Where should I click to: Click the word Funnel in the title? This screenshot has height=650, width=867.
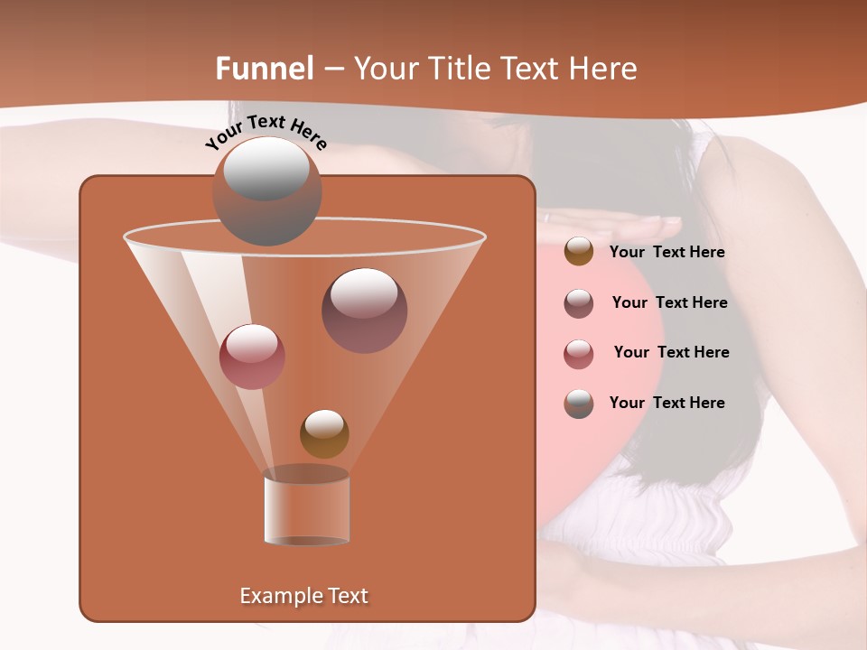265,69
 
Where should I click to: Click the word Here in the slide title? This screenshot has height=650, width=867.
602,69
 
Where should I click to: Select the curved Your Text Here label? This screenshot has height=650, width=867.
266,132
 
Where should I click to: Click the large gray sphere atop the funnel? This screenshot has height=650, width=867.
267,191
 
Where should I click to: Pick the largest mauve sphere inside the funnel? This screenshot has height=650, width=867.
365,311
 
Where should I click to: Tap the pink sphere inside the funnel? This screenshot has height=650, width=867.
252,357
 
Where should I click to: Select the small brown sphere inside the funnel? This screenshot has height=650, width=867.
324,433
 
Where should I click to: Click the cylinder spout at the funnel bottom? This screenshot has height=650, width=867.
306,507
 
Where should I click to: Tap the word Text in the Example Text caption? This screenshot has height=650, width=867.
348,596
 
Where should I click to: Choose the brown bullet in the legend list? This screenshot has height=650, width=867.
579,251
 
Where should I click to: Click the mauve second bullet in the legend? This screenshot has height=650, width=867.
579,302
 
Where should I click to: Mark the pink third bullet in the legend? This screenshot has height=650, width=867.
579,353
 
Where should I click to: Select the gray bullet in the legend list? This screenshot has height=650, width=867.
579,404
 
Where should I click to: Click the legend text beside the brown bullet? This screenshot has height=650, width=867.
667,253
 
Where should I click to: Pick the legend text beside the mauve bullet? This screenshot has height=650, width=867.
669,303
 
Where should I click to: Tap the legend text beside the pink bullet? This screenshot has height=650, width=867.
671,353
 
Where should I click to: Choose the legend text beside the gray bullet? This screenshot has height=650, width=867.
667,403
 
